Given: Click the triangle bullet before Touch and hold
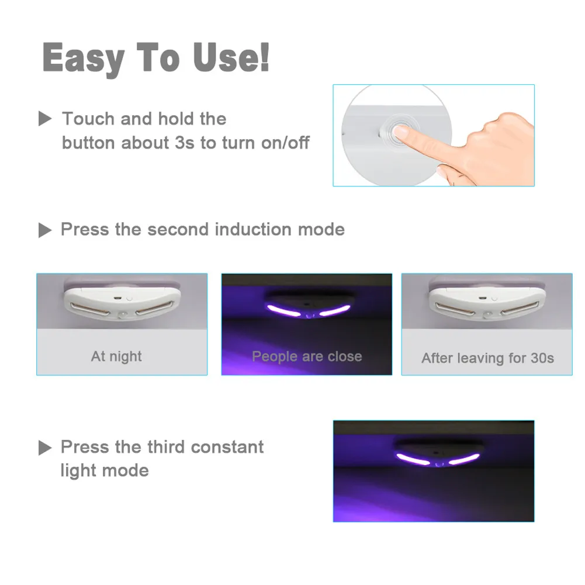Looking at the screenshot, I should [x=45, y=120].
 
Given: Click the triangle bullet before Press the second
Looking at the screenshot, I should [x=45, y=230].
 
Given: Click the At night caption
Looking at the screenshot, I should [x=116, y=356].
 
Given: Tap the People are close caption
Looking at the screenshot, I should [x=307, y=356].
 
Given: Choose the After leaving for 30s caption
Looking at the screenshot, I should [x=487, y=358].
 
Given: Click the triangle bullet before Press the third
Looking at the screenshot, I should [x=45, y=448].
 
